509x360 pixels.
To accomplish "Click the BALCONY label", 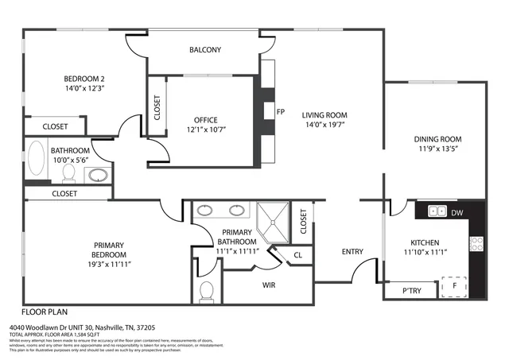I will click(205, 50).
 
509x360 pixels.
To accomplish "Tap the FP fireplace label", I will click(280, 111).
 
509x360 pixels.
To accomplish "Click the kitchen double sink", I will click(437, 211).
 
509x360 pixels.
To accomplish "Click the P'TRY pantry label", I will click(410, 292).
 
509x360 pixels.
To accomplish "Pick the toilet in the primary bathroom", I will click(207, 292).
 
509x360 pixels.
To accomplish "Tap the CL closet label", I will click(297, 255).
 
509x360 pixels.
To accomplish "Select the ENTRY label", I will click(352, 252).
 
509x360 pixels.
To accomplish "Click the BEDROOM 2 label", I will click(85, 79).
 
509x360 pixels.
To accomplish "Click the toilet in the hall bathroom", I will click(68, 172).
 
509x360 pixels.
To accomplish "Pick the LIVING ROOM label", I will click(324, 115).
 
